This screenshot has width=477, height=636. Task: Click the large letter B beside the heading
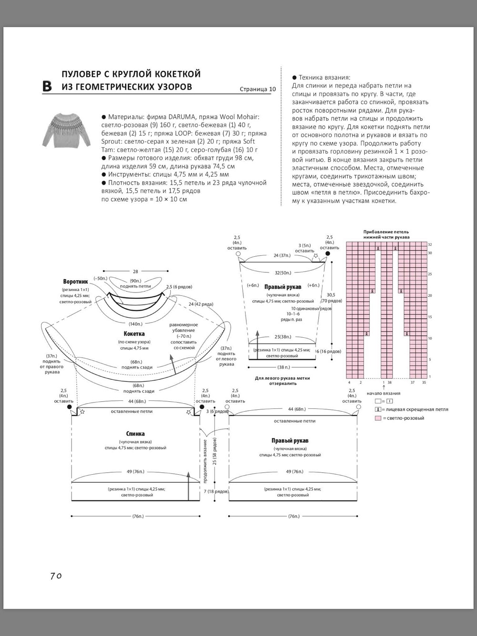(x=47, y=86)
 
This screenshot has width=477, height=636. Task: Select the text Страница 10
(x=258, y=89)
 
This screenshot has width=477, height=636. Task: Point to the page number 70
(x=56, y=576)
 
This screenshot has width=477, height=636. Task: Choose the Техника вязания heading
(x=324, y=77)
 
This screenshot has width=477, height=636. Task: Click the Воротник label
(x=75, y=282)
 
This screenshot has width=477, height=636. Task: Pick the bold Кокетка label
(x=134, y=334)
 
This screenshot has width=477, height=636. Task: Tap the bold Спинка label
(x=135, y=434)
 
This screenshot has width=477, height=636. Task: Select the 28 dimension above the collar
(x=135, y=271)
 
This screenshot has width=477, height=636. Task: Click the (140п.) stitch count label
(x=135, y=324)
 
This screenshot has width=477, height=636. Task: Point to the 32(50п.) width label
(x=283, y=273)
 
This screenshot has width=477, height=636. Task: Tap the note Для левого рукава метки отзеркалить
(x=283, y=380)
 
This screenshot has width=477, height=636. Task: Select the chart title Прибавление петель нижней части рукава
(x=386, y=234)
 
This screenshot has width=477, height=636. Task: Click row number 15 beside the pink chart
(x=430, y=317)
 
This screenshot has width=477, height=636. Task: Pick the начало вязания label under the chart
(x=384, y=393)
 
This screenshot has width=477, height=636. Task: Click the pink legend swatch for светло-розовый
(x=378, y=418)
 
